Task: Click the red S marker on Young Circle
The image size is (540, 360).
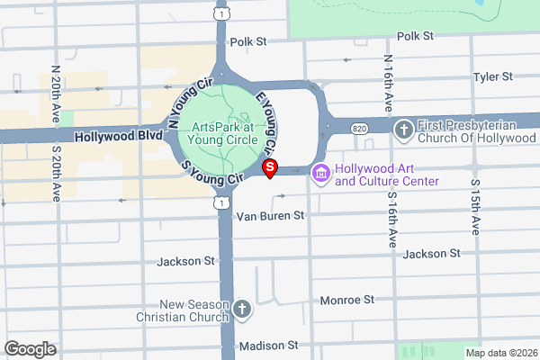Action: (268, 167)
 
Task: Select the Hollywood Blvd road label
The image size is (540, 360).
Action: (119, 137)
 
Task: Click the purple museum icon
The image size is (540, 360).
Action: (318, 172)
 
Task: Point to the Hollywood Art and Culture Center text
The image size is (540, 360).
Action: (386, 175)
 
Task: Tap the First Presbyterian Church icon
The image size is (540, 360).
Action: (403, 129)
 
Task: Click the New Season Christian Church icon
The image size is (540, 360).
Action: (241, 311)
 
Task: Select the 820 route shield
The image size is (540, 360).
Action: (360, 129)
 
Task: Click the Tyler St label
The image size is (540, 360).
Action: (492, 77)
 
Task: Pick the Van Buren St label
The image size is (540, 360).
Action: (271, 216)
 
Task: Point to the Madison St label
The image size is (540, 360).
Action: (268, 346)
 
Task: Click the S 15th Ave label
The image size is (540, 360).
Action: (476, 208)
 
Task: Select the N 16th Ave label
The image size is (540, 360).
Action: (388, 83)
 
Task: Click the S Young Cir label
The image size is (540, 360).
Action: (212, 175)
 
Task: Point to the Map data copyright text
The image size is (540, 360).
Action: (499, 353)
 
